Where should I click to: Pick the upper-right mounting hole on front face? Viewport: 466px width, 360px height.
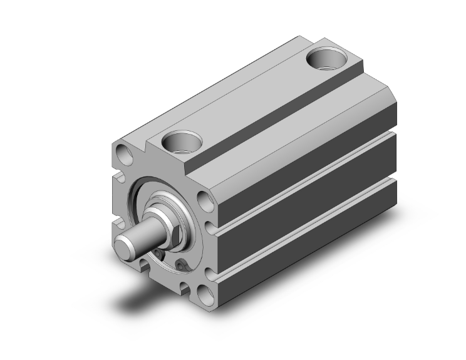click(204, 202)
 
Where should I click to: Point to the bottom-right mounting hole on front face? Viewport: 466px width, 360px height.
click(204, 292)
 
